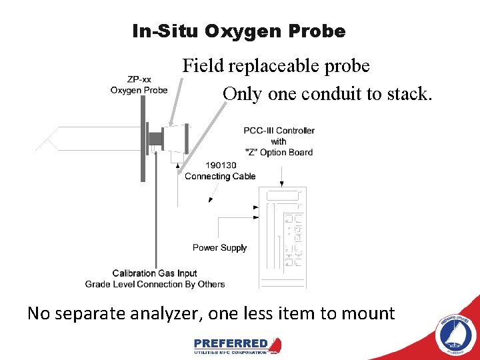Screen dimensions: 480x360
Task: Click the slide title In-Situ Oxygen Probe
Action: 239,31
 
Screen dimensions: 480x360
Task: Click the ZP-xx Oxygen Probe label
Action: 139,85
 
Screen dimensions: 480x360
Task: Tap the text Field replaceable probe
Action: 276,66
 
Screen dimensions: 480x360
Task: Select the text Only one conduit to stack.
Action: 327,94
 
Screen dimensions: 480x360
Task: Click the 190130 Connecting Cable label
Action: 220,171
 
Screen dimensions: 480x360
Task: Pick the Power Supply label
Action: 219,248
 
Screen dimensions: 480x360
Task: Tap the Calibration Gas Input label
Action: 155,273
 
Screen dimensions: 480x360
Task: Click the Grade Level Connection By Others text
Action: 155,285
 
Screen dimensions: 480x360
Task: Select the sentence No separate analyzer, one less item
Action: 211,313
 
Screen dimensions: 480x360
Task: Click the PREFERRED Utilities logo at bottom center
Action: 237,345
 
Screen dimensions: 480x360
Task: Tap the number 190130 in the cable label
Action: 221,165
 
